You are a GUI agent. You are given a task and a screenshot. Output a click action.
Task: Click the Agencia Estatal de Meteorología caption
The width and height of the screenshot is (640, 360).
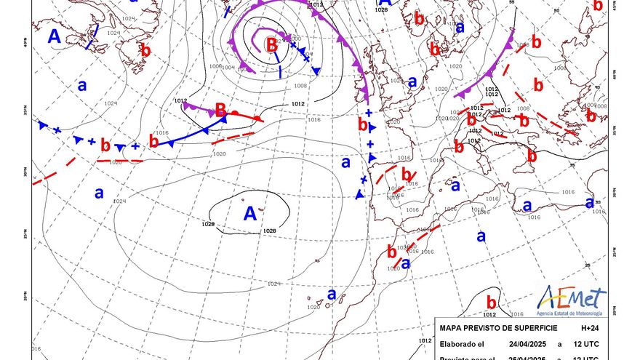(x=572, y=313)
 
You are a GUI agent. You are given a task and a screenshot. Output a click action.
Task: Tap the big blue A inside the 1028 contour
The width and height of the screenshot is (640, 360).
(x=251, y=214)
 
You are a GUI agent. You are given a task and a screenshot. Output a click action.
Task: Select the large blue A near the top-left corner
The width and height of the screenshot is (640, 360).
(x=55, y=36)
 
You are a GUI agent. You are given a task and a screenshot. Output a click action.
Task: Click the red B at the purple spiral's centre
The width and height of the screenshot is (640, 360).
(x=271, y=44)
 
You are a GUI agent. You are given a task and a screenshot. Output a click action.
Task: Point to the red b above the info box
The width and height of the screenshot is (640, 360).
(x=491, y=302)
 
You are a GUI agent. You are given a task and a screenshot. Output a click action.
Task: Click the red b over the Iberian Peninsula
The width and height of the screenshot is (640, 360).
(x=407, y=175)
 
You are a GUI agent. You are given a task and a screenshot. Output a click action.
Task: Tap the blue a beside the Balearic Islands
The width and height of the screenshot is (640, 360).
(x=456, y=186)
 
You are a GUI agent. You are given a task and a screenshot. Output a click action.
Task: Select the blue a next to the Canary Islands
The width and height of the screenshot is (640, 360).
(x=332, y=295)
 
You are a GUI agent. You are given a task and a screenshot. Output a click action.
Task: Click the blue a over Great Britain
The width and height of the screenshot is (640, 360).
(x=412, y=82)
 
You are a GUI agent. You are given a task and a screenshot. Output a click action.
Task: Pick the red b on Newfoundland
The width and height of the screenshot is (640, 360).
(x=145, y=51)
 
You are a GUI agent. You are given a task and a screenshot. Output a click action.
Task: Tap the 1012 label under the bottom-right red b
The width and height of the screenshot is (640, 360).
(x=488, y=315)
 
